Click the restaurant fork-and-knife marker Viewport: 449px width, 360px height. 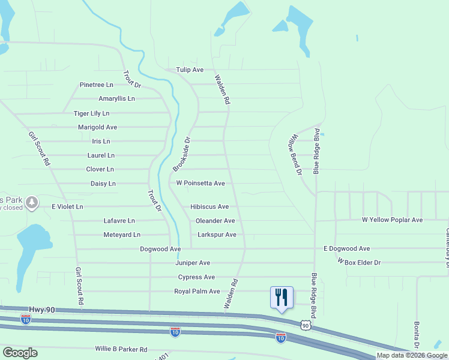282,297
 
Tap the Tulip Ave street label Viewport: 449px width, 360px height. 190,70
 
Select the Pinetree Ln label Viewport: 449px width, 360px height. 97,85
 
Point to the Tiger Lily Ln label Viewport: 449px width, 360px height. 91,113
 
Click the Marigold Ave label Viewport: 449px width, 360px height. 97,128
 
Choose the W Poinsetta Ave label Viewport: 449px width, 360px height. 200,183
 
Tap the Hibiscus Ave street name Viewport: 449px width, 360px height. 209,206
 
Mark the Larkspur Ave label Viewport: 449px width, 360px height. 217,235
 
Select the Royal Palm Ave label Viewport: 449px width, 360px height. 197,291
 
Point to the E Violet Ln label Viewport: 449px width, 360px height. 67,206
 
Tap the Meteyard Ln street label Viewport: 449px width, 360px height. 122,235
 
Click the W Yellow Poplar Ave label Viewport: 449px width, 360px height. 392,220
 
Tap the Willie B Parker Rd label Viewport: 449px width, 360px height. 121,349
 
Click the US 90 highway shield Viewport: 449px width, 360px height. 306,325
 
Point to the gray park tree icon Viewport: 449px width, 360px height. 34,202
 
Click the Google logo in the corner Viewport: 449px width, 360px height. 20,353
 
